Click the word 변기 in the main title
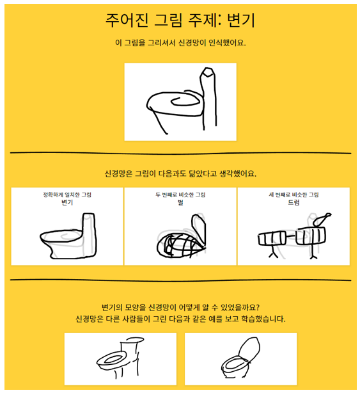pyautogui.click(x=240, y=20)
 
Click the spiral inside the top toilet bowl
pyautogui.click(x=185, y=101)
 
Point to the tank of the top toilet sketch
pyautogui.click(x=208, y=98)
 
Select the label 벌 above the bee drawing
pyautogui.click(x=180, y=202)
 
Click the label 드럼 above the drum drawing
pyautogui.click(x=293, y=202)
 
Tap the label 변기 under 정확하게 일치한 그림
pyautogui.click(x=67, y=202)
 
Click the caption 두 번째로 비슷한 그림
pyautogui.click(x=180, y=195)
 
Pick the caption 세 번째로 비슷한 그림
pyautogui.click(x=293, y=195)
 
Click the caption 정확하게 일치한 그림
pyautogui.click(x=67, y=195)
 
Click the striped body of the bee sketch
pyautogui.click(x=178, y=246)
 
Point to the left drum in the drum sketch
pyautogui.click(x=272, y=238)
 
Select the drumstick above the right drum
pyautogui.click(x=322, y=220)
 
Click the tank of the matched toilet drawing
pyautogui.click(x=90, y=234)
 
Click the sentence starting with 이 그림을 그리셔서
pyautogui.click(x=180, y=43)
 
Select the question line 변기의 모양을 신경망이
pyautogui.click(x=180, y=307)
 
